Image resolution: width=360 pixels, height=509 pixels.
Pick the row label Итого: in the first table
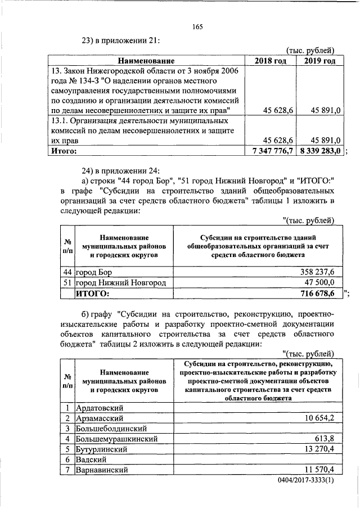point(63,151)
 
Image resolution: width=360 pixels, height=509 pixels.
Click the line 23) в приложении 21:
point(121,40)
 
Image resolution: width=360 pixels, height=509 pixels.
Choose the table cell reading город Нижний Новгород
point(121,283)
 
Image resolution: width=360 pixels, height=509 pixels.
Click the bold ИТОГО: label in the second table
point(92,294)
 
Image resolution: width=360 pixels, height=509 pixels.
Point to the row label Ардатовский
point(99,408)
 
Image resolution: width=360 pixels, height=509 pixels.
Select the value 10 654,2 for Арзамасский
point(319,418)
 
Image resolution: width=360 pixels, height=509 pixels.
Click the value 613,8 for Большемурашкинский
point(325,439)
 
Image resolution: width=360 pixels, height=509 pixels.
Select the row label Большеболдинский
point(110,429)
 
